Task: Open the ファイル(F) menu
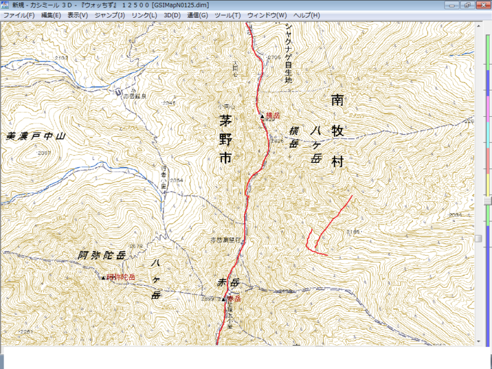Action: [18, 15]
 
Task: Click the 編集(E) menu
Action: [51, 15]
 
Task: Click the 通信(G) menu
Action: [197, 15]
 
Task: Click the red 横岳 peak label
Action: [273, 116]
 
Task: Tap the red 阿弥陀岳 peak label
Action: [121, 277]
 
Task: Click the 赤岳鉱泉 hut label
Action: [135, 97]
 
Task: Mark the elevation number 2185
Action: [352, 231]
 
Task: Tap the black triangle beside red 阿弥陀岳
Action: [103, 278]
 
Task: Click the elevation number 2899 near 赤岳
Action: [207, 298]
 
